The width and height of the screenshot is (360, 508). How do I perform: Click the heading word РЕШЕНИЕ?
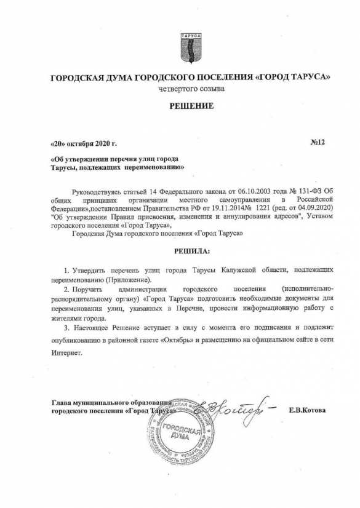[x=191, y=106]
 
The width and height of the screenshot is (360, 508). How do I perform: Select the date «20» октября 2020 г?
[x=82, y=144]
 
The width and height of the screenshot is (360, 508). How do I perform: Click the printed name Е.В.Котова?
[x=306, y=409]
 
